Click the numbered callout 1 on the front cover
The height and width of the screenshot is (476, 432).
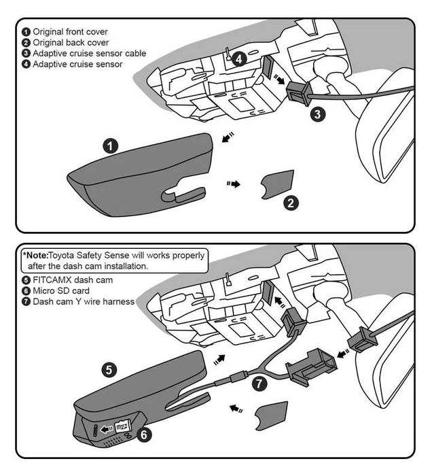coord(110,146)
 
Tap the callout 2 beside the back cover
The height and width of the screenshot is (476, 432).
coord(291,203)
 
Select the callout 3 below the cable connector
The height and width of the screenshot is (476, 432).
coord(317,114)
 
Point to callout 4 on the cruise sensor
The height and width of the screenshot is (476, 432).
coord(238,59)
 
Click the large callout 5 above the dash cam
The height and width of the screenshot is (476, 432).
coord(110,370)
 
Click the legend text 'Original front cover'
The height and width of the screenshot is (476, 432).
coord(71,31)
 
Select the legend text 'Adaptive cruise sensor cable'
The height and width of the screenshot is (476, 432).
coord(89,53)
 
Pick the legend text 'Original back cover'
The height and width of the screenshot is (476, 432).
coord(70,42)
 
